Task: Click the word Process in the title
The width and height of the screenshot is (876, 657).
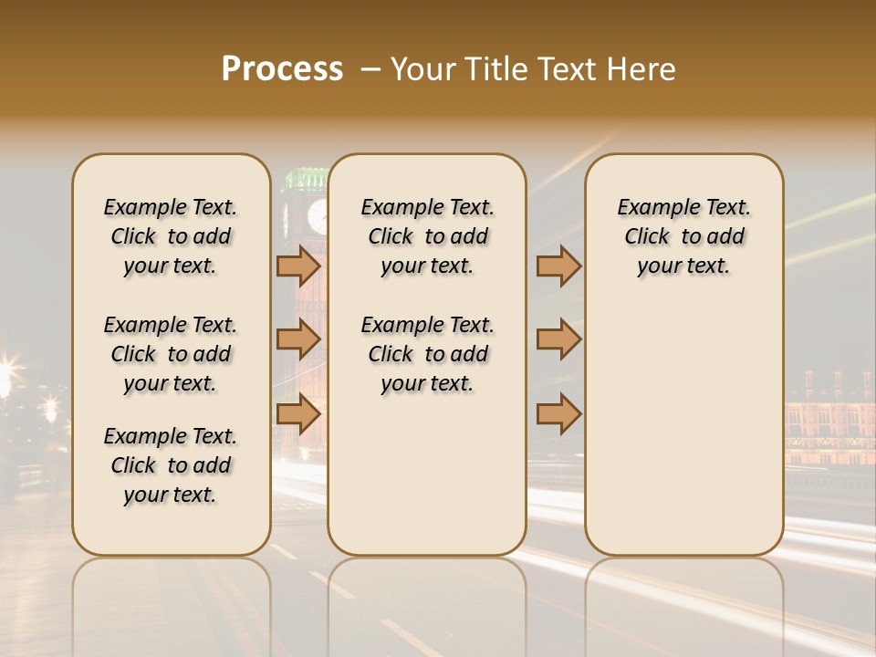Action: click(282, 69)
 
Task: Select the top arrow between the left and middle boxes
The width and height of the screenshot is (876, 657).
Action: click(298, 266)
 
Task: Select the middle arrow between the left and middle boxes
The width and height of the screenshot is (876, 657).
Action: click(298, 339)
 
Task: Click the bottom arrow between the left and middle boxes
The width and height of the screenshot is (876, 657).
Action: click(298, 413)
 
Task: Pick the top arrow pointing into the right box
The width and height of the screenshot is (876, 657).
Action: click(558, 266)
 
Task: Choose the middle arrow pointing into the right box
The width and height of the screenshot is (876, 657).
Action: click(558, 339)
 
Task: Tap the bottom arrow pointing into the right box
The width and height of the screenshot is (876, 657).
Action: click(558, 413)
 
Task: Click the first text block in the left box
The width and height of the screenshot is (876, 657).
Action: click(171, 236)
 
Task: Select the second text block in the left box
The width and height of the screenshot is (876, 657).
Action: click(171, 354)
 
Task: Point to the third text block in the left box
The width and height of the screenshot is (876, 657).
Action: click(171, 465)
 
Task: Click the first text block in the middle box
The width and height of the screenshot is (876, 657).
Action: click(427, 236)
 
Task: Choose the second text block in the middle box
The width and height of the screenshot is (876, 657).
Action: click(427, 354)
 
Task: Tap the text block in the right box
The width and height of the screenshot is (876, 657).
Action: click(683, 236)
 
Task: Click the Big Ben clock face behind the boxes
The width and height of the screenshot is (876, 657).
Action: click(317, 216)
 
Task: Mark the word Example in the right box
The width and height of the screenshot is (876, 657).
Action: click(651, 208)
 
